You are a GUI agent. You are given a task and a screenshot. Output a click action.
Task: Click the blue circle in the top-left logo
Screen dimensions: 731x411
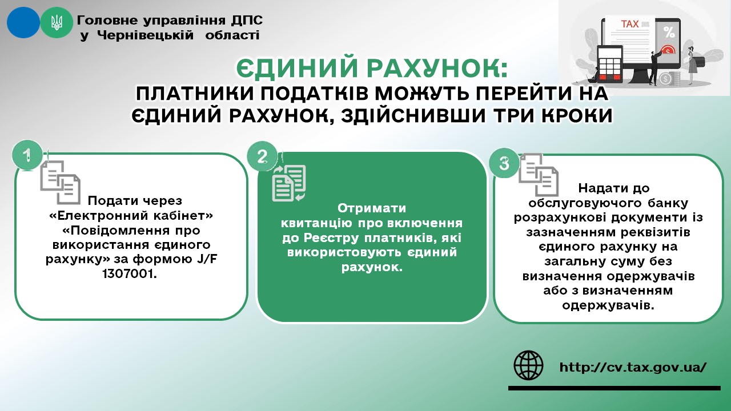click(23, 22)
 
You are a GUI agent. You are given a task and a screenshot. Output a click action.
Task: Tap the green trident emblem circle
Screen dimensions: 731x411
click(57, 22)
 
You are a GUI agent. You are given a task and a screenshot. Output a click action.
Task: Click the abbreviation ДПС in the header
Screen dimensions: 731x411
click(247, 20)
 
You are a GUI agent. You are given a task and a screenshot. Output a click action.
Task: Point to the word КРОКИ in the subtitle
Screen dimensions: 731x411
click(577, 115)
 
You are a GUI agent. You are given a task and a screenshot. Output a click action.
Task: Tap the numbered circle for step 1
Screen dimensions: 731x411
click(28, 155)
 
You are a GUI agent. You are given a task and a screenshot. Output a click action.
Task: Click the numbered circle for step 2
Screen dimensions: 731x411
click(262, 156)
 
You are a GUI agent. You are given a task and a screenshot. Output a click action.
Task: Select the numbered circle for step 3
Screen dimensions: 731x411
click(504, 163)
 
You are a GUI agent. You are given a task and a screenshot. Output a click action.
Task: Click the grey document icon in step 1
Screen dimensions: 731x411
click(61, 182)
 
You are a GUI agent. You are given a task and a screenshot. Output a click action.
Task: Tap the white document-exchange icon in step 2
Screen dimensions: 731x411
click(289, 183)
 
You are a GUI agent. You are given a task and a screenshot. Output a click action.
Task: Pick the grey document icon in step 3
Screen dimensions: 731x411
click(539, 175)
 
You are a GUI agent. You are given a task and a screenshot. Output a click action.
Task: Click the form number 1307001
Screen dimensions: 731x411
click(130, 274)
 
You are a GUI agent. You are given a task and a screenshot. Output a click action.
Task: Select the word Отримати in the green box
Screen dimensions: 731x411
click(372, 208)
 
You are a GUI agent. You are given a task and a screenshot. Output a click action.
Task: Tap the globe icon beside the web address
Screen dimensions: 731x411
click(528, 365)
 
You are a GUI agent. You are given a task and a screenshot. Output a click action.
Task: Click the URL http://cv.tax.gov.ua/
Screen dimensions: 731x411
click(633, 367)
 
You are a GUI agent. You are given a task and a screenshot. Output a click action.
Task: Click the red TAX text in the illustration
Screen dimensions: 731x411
click(630, 24)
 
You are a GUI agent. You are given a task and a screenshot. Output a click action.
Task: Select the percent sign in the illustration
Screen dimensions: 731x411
click(669, 33)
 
